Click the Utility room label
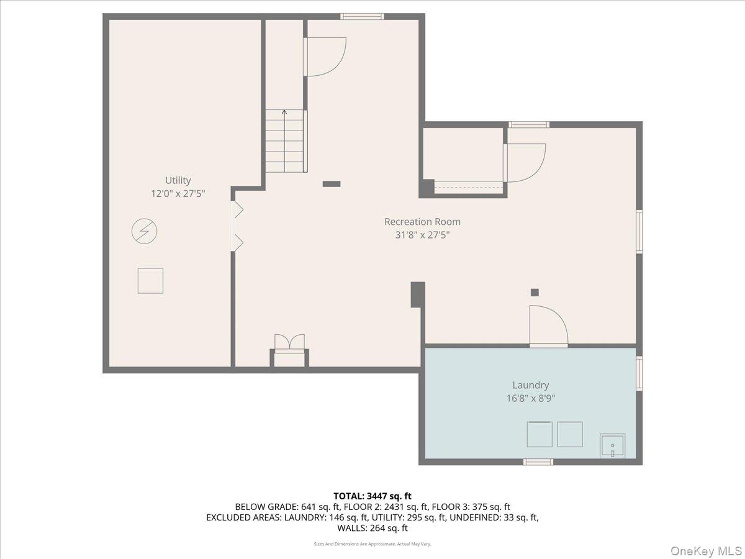coord(178,180)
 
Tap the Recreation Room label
coord(422,222)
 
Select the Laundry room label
coord(530,385)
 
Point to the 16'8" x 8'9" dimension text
coord(530,399)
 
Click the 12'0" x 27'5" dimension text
coord(178,194)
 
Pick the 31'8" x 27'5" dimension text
coord(422,235)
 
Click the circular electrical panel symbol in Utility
coord(144,232)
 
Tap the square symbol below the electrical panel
coord(150,280)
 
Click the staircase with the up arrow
coord(285,142)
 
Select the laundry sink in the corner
coord(613,447)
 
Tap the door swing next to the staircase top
coord(325,57)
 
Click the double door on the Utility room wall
coord(237,225)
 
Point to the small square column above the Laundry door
coord(535,292)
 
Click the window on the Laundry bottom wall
coord(538,461)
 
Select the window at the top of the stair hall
coord(362,16)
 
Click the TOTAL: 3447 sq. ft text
coord(372,496)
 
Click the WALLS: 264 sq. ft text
coord(372,528)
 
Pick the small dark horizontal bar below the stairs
coord(332,184)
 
